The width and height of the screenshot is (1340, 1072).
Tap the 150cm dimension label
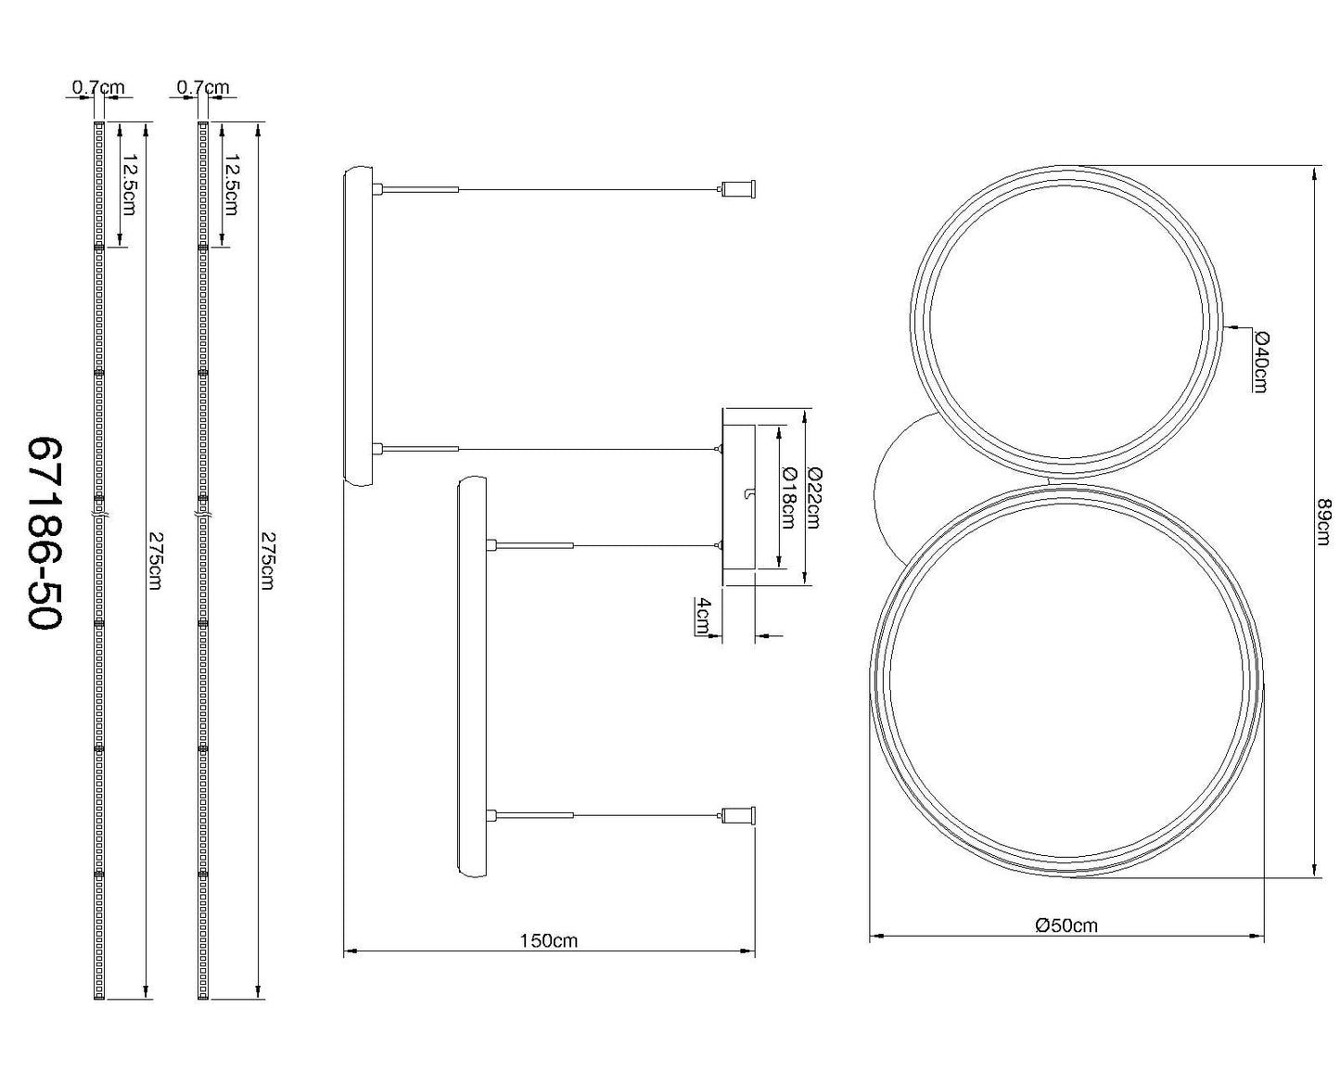[548, 940]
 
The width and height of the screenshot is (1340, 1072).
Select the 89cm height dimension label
[1323, 522]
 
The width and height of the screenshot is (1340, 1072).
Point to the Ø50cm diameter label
[1066, 925]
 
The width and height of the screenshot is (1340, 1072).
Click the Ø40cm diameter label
[1259, 362]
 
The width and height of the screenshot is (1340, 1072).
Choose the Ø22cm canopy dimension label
[813, 497]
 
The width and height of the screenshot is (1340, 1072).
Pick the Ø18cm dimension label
[787, 497]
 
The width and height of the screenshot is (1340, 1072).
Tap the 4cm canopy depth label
[704, 616]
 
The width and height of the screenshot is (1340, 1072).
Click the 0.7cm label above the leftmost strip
[97, 88]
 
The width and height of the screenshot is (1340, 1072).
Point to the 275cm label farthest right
[268, 560]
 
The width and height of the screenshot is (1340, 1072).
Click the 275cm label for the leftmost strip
[154, 560]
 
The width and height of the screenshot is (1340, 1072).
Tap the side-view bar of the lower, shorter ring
[472, 677]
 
